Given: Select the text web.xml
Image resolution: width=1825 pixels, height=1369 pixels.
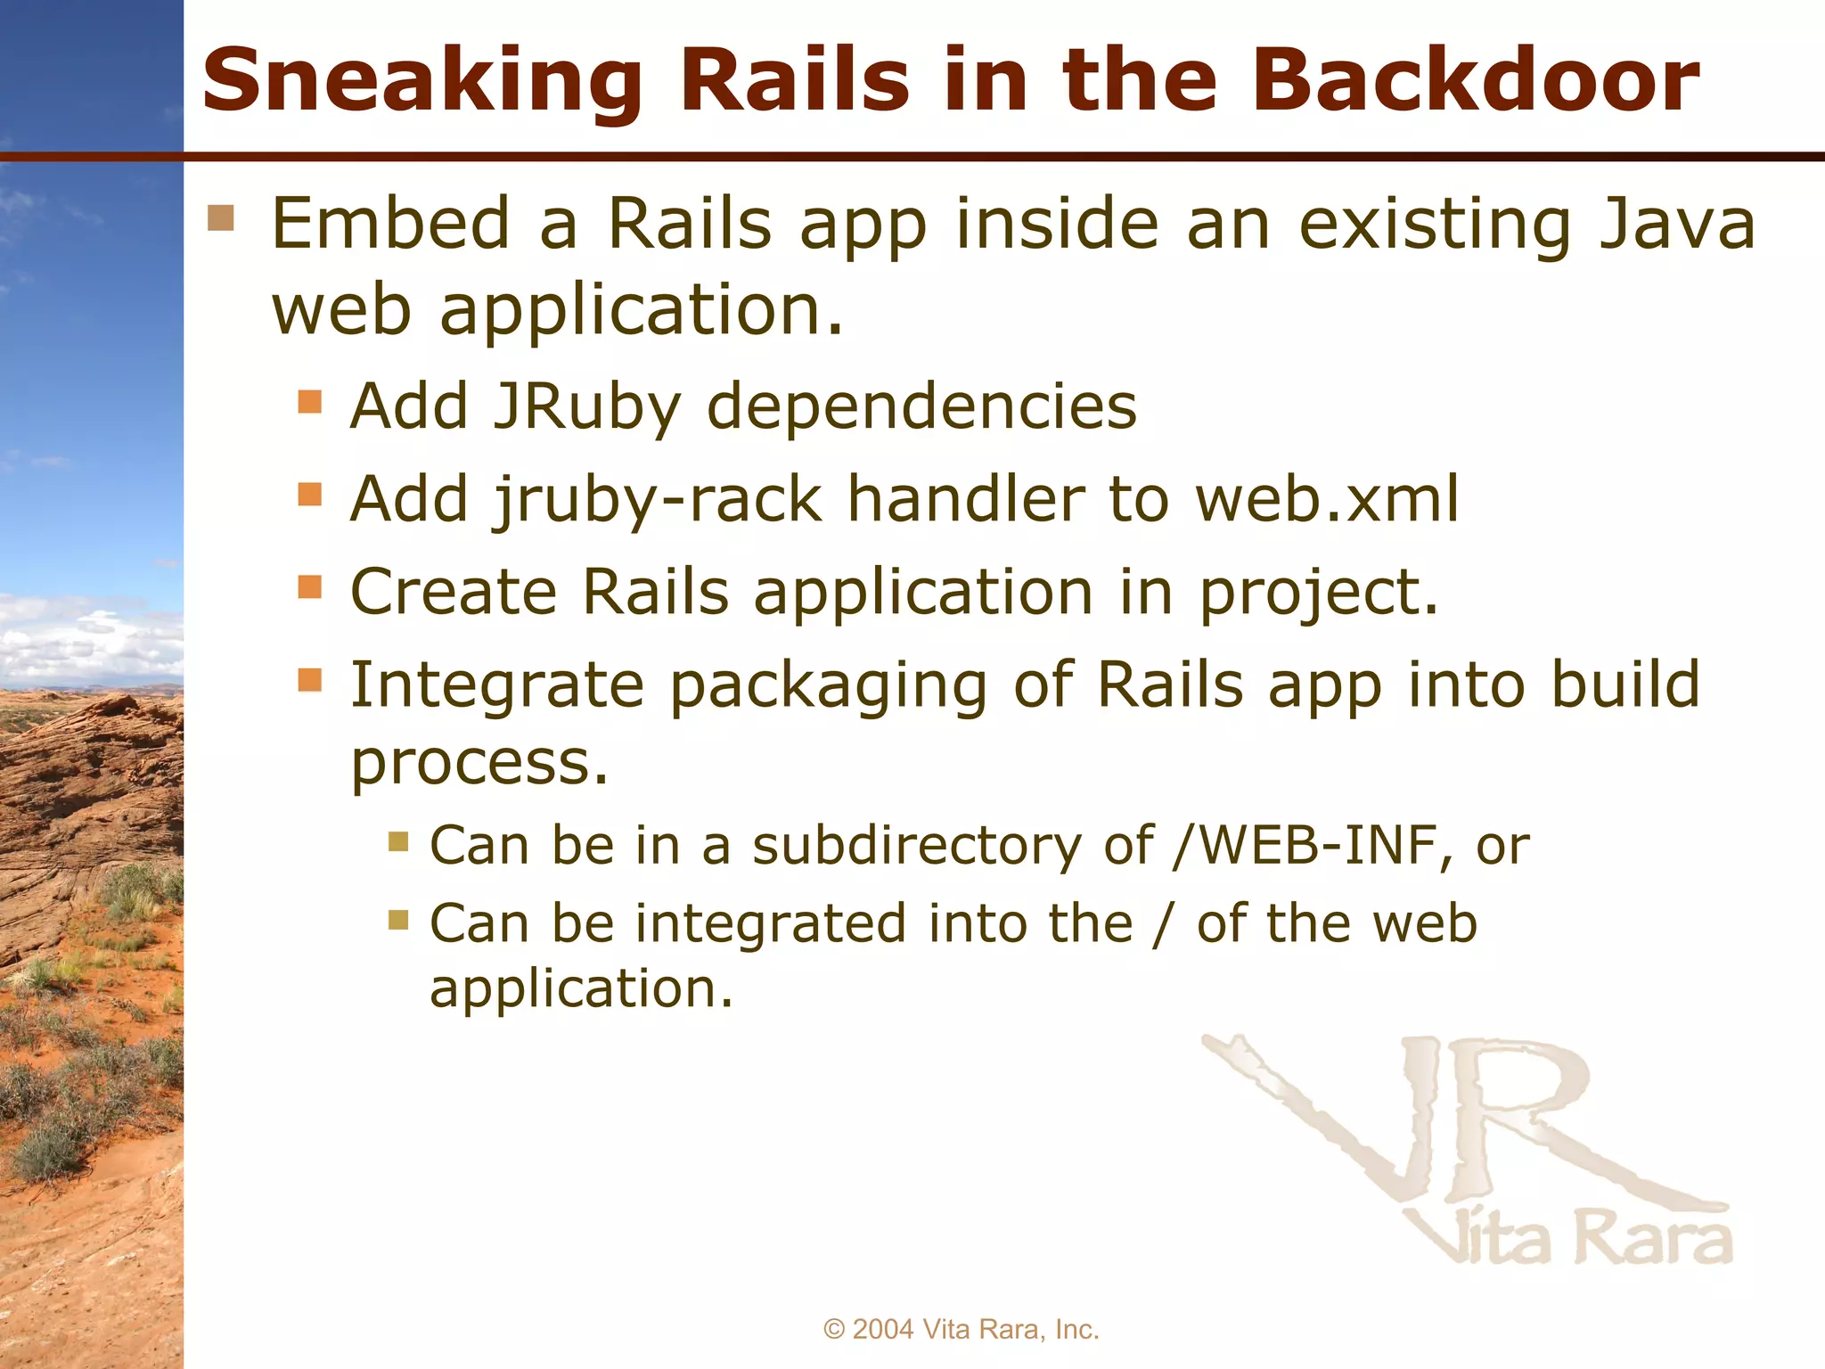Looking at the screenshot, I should tap(1328, 499).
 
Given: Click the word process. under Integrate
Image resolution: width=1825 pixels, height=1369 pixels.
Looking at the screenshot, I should tap(479, 765).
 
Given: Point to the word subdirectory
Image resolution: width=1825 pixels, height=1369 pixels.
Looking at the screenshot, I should tap(916, 845).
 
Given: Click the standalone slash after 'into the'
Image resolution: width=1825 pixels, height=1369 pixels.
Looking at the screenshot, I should tap(1160, 923).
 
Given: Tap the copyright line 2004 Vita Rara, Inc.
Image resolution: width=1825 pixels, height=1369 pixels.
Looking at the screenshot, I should tap(962, 1329).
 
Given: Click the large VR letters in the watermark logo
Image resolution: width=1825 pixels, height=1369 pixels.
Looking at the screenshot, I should tap(1461, 1123).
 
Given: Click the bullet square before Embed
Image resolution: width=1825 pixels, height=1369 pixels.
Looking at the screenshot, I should tap(221, 217).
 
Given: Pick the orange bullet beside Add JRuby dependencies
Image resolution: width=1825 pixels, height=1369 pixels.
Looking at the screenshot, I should tap(309, 402).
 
